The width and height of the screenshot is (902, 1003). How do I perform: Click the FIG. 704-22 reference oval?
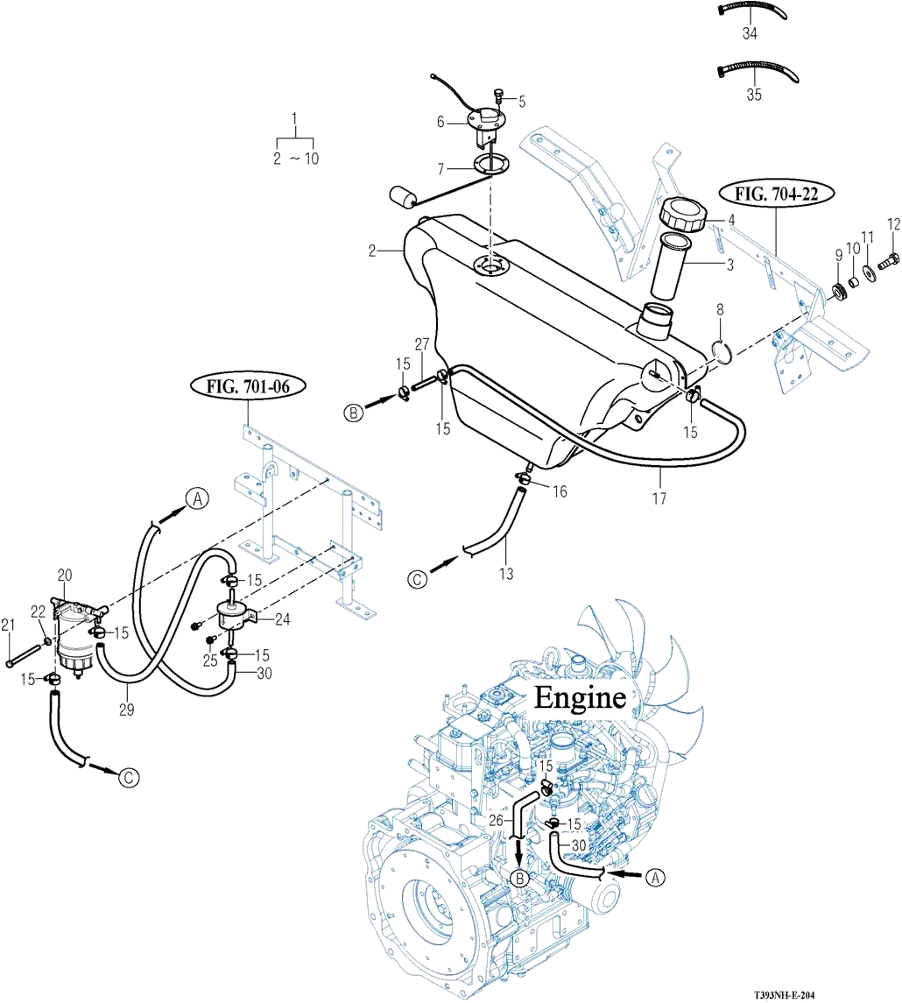[777, 194]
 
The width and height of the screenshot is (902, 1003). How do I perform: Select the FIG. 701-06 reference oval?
[248, 386]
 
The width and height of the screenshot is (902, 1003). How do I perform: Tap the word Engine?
[580, 696]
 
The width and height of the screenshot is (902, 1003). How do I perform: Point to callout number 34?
[750, 32]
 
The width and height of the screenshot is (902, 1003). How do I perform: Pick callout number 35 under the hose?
[754, 94]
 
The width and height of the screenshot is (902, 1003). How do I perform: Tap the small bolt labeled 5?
[499, 96]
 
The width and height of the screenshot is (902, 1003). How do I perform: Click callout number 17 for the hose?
[659, 498]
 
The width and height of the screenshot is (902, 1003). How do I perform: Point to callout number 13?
[505, 574]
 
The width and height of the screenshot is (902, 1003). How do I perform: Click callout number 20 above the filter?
[65, 575]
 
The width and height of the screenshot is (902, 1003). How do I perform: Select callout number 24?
[282, 618]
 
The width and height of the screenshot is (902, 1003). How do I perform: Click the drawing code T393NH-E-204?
[785, 995]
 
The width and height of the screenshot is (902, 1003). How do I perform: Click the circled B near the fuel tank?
[354, 413]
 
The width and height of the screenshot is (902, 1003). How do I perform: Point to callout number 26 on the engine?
[496, 819]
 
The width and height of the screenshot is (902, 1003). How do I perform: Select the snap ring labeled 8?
[723, 352]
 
